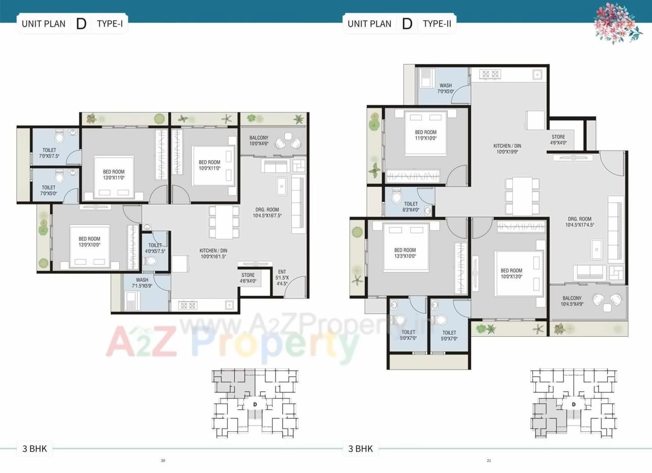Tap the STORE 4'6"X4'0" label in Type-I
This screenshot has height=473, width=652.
(x=248, y=278)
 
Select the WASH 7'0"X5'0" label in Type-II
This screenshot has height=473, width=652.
(x=445, y=89)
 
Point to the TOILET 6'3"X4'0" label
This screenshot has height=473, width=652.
(x=411, y=207)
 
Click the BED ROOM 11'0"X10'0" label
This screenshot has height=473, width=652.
(x=425, y=135)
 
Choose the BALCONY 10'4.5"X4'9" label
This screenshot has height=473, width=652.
(x=572, y=301)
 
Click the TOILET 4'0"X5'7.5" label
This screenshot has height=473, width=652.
(x=155, y=248)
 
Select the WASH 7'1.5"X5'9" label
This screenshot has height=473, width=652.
(x=142, y=283)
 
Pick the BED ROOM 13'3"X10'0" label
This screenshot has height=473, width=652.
(x=405, y=253)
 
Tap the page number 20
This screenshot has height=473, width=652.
(x=163, y=461)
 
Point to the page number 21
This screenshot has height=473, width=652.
(x=488, y=461)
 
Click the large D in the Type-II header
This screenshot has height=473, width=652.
(x=406, y=23)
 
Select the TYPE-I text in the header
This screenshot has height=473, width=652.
(x=110, y=23)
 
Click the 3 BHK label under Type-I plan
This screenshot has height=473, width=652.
(x=35, y=449)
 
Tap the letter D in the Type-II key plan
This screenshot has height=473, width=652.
(x=574, y=404)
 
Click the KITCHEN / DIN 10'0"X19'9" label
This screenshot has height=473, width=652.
(x=507, y=148)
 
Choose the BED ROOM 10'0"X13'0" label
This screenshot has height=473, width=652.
(x=511, y=273)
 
